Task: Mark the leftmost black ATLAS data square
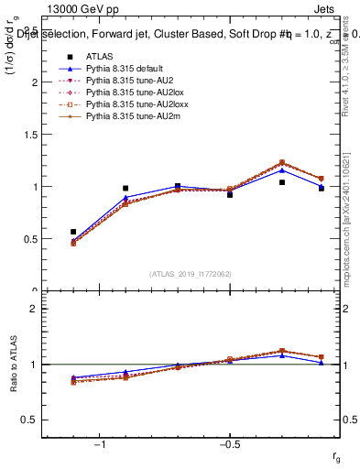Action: (73, 232)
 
